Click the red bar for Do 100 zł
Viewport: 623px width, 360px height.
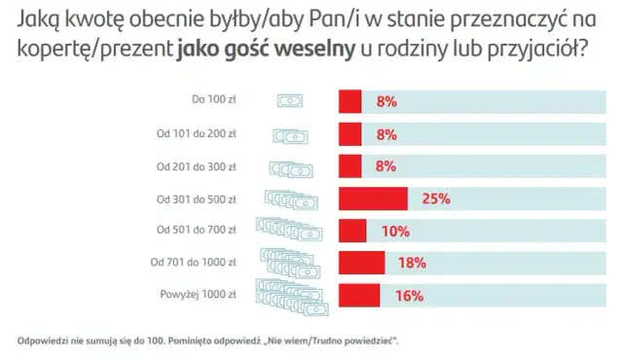(x=349, y=100)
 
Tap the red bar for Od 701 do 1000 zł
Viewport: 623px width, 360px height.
(x=361, y=262)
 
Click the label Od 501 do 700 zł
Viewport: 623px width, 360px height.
(x=198, y=230)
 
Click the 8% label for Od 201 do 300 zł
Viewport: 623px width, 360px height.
(x=385, y=165)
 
